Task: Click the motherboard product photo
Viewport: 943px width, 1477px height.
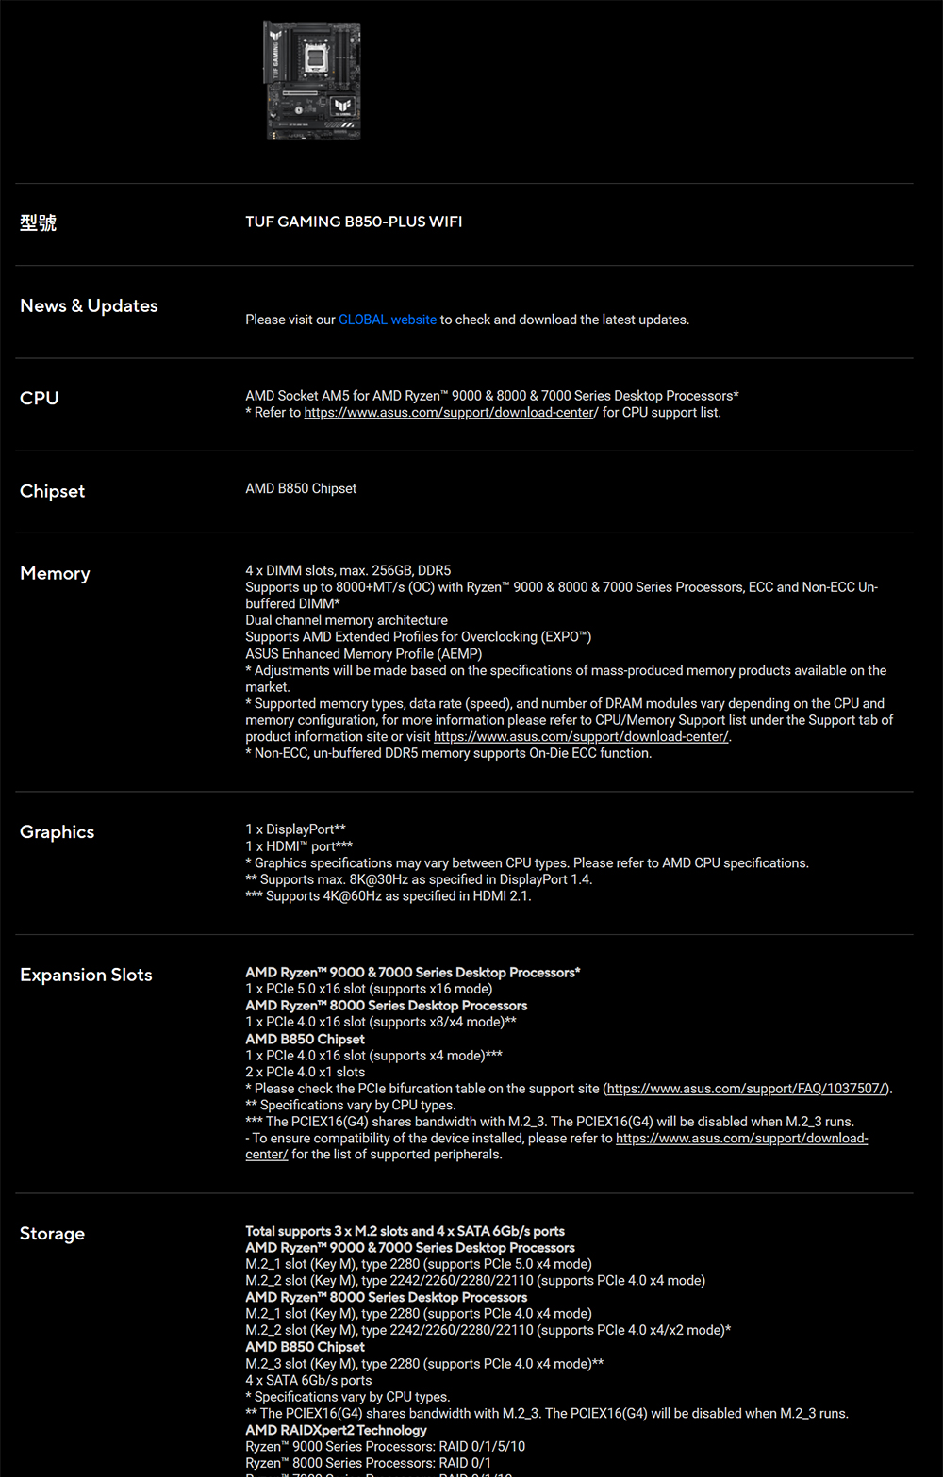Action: coord(311,81)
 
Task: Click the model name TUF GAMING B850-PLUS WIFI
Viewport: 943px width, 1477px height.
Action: coord(354,222)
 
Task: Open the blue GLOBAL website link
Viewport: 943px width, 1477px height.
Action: coord(387,320)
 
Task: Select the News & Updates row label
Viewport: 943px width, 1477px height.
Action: coord(89,305)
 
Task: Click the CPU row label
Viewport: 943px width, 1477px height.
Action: coord(40,398)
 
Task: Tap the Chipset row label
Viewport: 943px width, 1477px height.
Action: coord(52,491)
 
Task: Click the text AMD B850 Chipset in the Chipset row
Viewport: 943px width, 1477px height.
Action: coord(301,488)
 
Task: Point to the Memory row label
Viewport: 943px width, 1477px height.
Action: coord(55,573)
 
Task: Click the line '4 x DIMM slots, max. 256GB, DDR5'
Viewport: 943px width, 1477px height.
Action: coord(348,570)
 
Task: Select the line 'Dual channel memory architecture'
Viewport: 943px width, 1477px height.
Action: coord(346,620)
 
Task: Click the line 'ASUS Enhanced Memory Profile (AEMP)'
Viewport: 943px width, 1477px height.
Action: coord(363,653)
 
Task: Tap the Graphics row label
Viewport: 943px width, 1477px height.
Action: coord(57,831)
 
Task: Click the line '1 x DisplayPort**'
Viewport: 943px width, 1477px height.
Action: coord(295,829)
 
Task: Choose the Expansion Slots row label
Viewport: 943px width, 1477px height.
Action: coord(86,975)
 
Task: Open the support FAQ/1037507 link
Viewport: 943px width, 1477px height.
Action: coord(747,1089)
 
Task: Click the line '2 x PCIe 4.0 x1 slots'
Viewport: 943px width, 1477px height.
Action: coord(305,1072)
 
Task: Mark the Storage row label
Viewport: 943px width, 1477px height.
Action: coord(52,1233)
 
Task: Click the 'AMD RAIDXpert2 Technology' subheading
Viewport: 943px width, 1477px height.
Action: coord(336,1430)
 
